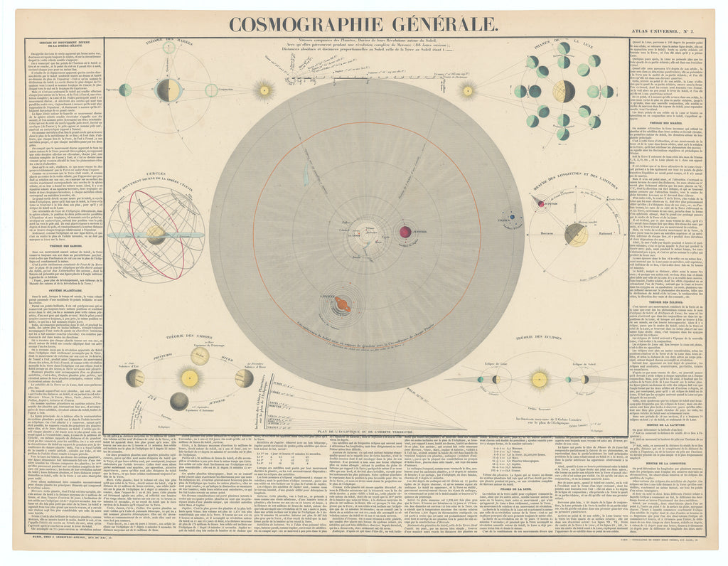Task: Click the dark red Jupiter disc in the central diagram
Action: pyautogui.click(x=405, y=231)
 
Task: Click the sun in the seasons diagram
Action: pyautogui.click(x=189, y=378)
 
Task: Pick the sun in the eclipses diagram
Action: pyautogui.click(x=540, y=380)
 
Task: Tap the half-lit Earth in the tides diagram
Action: pyautogui.click(x=168, y=90)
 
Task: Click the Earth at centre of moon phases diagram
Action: pyautogui.click(x=564, y=91)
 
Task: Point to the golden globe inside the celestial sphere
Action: pyautogui.click(x=156, y=234)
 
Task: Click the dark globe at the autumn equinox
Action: pyautogui.click(x=179, y=402)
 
